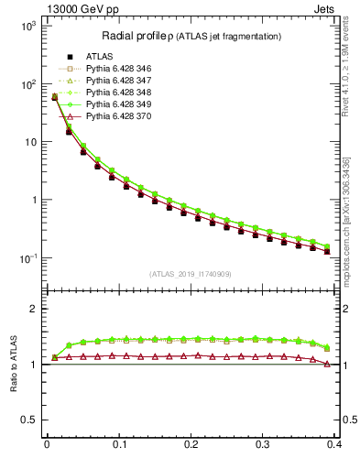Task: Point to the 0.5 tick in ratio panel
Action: [x=27, y=420]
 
